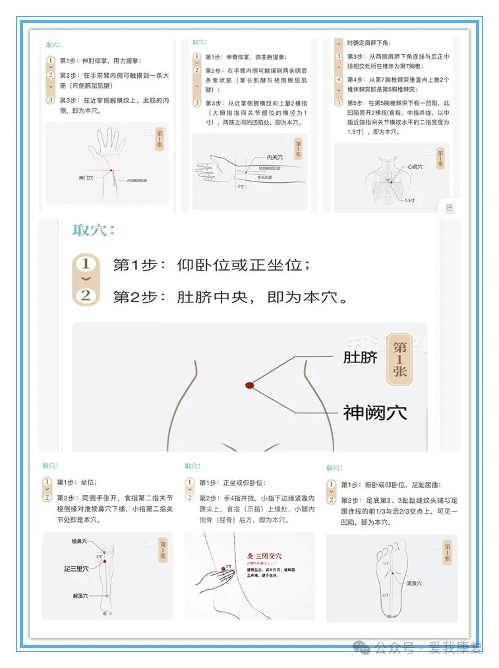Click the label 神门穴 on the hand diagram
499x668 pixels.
(86, 178)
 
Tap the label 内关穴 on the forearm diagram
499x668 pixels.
(275, 157)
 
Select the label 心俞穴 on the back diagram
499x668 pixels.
(415, 168)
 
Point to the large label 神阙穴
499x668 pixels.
(374, 413)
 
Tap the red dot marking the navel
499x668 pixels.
(250, 385)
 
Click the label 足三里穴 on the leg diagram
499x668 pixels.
(76, 568)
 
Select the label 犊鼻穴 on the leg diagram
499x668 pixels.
(79, 541)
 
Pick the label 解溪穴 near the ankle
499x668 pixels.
(81, 596)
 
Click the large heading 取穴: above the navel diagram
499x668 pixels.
(94, 230)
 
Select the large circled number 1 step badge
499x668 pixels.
(85, 265)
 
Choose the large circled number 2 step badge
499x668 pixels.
(85, 296)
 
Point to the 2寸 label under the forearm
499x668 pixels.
(241, 186)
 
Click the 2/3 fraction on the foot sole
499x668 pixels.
(384, 595)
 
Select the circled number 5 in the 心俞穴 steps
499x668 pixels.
(339, 102)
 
